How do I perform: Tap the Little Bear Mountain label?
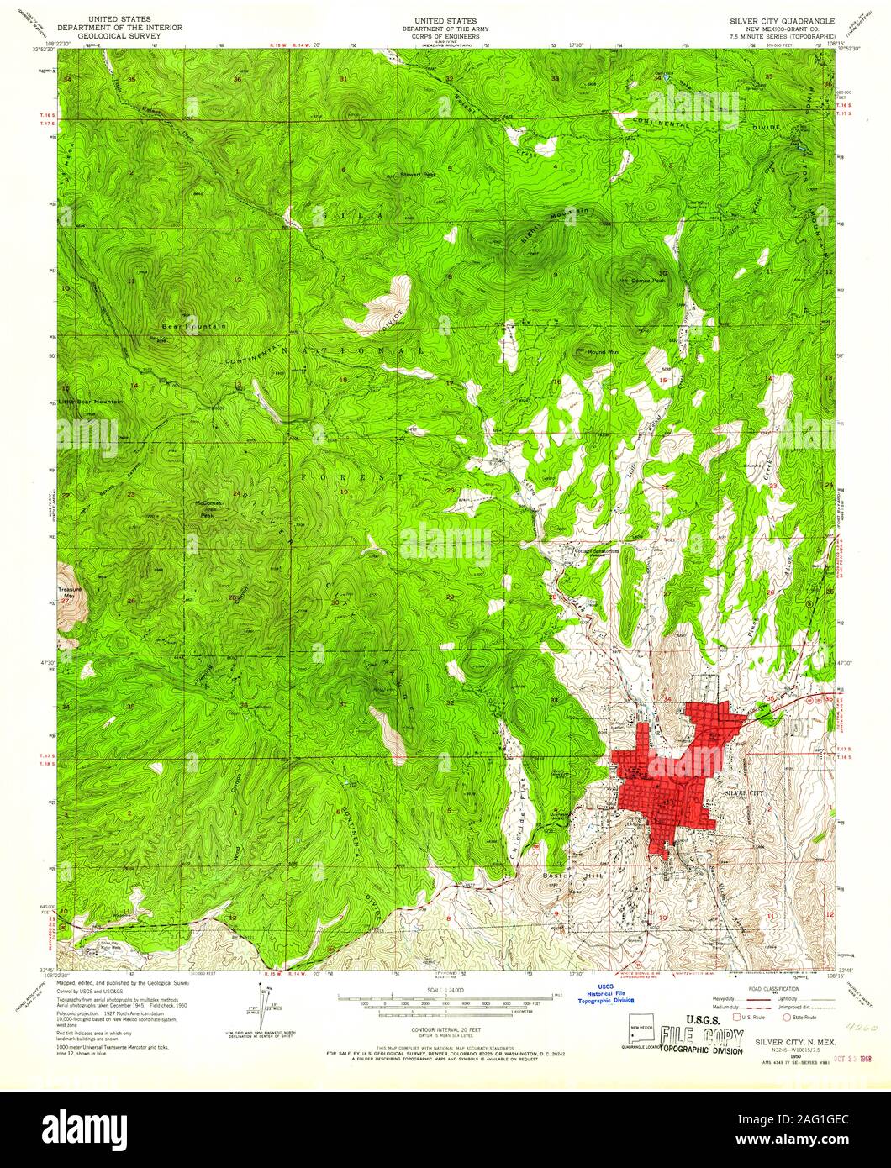click(90, 402)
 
